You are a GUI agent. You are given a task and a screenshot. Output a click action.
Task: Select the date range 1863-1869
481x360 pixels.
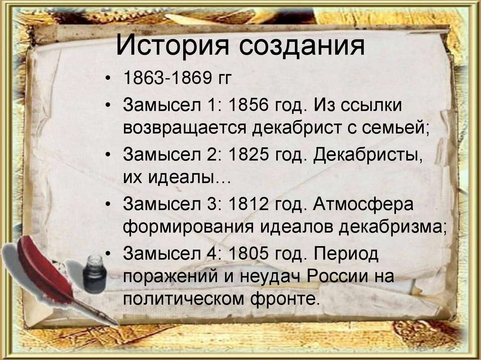(163, 78)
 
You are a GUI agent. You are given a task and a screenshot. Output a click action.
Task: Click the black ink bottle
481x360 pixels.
(94, 275)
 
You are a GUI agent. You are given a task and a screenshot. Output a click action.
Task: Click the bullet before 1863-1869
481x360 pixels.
(109, 78)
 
